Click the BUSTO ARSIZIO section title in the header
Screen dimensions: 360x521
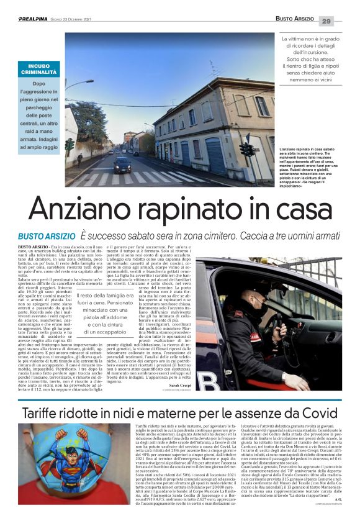pos(295,20)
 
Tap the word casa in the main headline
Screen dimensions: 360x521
pos(296,209)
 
